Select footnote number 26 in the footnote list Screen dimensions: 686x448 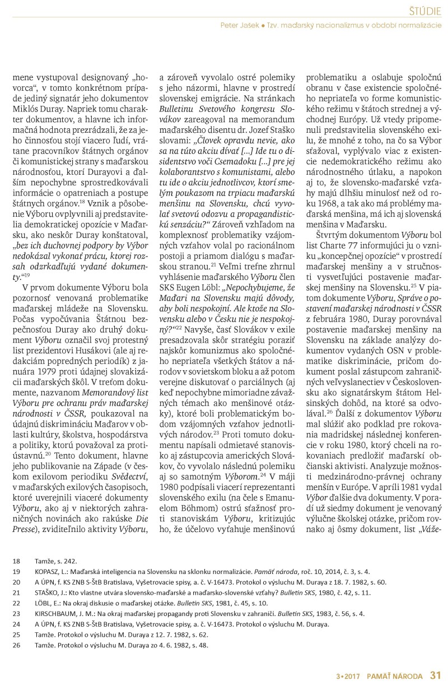point(16,646)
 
